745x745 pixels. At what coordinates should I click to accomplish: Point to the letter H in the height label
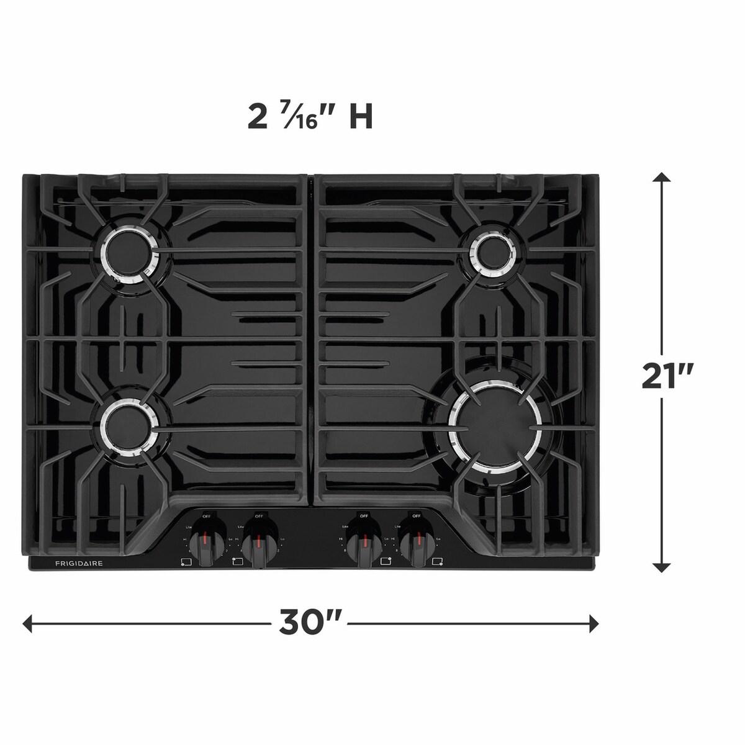[361, 117]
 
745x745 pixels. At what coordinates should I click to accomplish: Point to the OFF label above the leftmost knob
[206, 515]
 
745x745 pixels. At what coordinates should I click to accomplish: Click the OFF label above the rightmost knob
[417, 515]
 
